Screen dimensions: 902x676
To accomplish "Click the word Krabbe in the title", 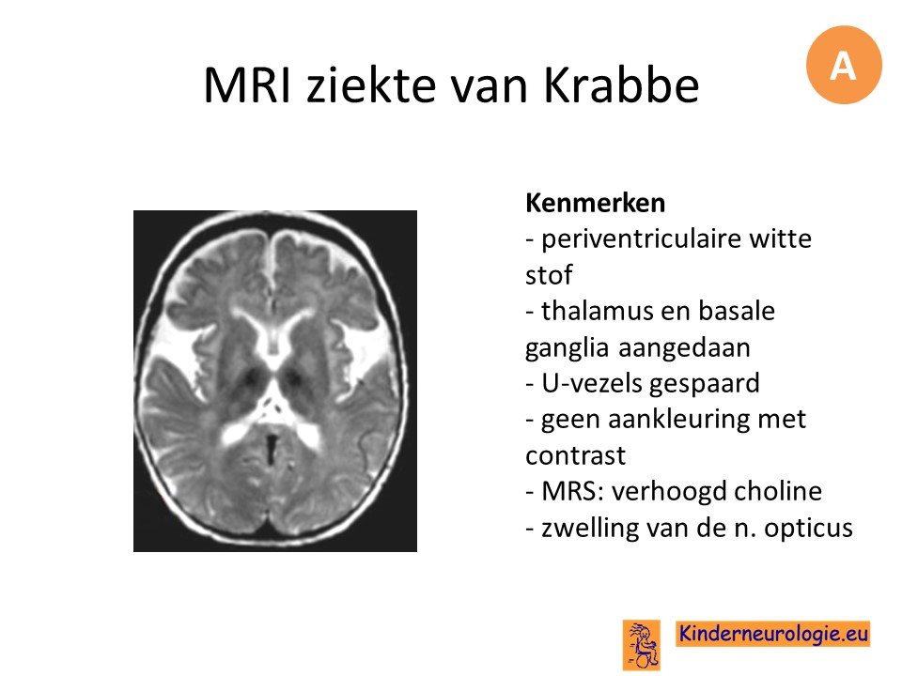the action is (621, 85).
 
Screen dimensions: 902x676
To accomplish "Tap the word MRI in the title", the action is (248, 85).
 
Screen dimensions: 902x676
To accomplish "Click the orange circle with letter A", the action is (844, 65).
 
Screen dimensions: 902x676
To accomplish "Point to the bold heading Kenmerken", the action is (596, 203).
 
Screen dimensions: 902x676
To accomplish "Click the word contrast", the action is (575, 456).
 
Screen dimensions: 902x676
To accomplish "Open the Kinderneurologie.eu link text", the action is (773, 634).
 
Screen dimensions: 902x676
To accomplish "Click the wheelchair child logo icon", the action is (642, 645).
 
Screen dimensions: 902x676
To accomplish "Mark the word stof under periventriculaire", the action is (549, 274).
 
